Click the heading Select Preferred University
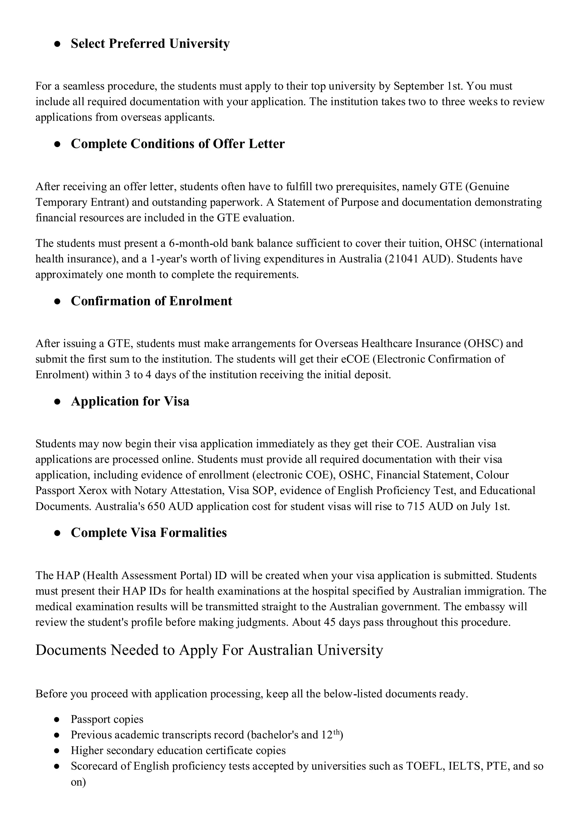tap(150, 44)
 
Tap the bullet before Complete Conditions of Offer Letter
tap(57, 144)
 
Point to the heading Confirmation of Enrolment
tap(151, 301)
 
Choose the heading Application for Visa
tap(130, 401)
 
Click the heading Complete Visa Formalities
tap(149, 533)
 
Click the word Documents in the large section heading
tap(71, 650)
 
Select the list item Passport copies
tap(107, 719)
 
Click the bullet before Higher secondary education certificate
tap(57, 751)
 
